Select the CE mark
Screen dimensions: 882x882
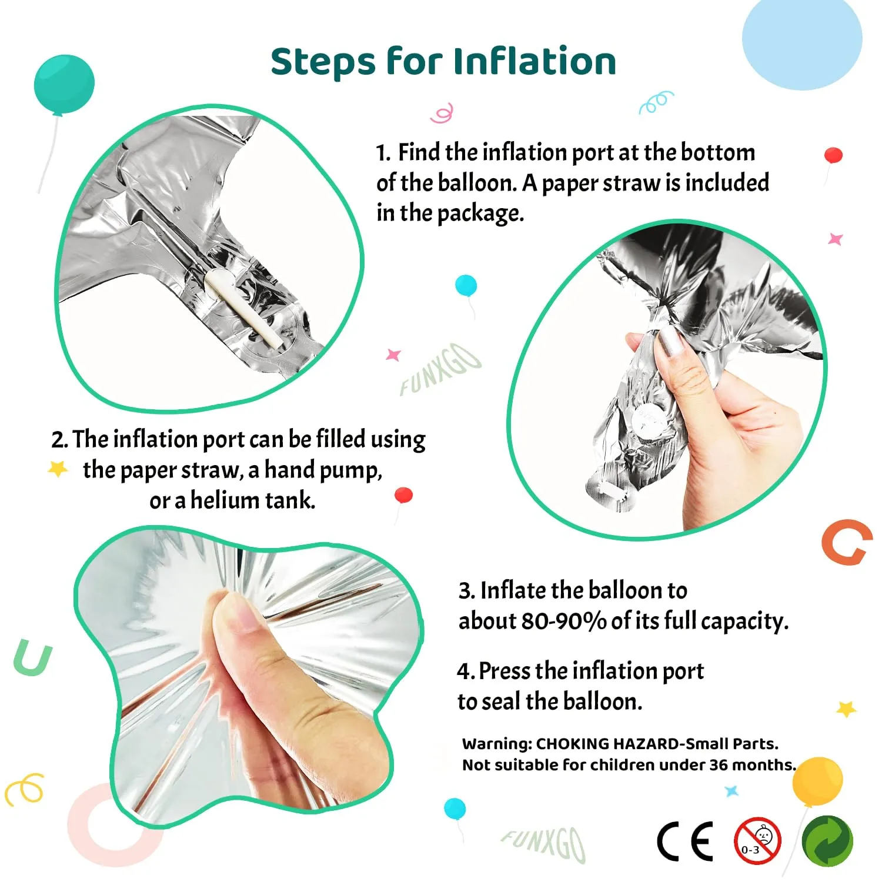(685, 841)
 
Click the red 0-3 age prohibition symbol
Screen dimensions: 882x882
(757, 841)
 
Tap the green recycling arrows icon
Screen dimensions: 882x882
(827, 841)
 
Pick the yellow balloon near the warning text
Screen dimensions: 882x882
(817, 781)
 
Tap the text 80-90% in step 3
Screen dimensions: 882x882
(564, 621)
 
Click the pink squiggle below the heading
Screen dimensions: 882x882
(442, 113)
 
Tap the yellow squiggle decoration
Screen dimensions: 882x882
(24, 789)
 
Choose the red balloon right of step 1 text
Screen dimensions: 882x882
(833, 155)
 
